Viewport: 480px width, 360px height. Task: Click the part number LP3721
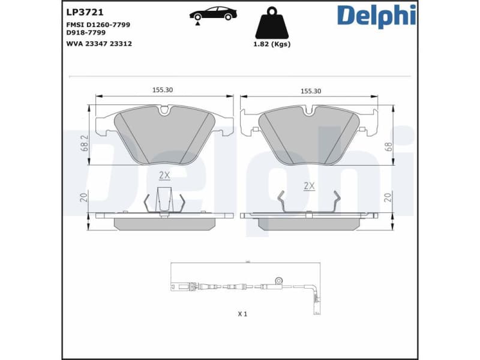79,11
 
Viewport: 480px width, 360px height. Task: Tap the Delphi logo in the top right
376,16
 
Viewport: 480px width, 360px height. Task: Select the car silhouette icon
213,14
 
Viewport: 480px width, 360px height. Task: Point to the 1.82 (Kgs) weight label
272,44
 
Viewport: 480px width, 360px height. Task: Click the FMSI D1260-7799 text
98,25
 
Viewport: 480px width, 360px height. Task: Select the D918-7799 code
86,32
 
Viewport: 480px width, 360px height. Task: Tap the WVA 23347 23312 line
99,43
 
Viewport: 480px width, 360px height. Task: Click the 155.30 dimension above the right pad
310,91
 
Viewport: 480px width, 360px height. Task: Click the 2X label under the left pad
164,175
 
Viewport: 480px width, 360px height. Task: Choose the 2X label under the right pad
309,186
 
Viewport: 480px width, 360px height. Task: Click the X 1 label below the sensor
242,314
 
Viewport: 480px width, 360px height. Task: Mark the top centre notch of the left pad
164,110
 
